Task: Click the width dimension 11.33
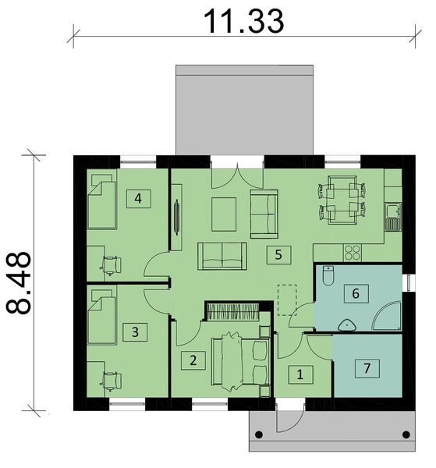pyautogui.click(x=243, y=22)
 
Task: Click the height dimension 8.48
pyautogui.click(x=20, y=282)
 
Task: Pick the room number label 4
pyautogui.click(x=138, y=198)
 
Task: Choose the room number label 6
pyautogui.click(x=356, y=294)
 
